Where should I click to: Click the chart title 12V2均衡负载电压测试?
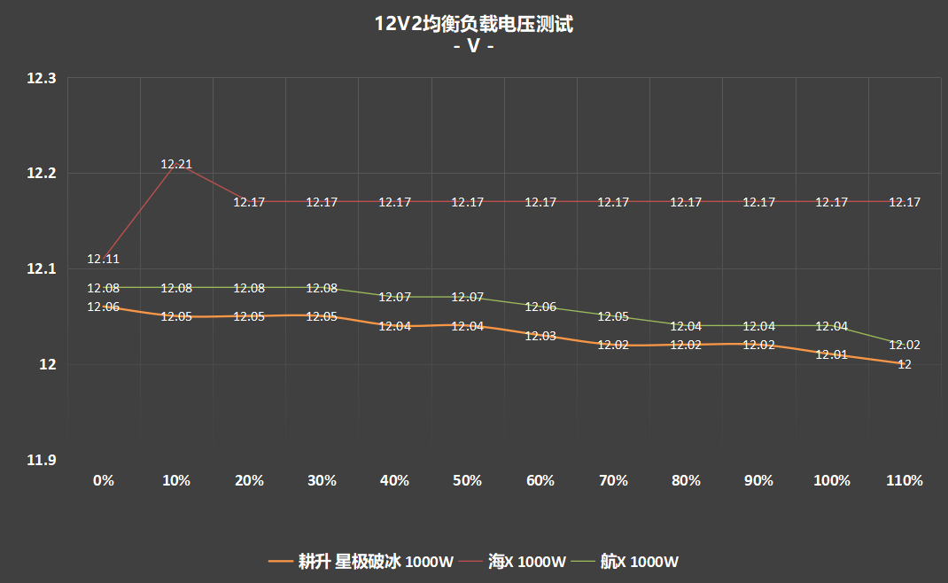474,25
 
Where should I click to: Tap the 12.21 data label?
176,164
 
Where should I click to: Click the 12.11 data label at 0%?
104,259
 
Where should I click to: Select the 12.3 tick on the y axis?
41,78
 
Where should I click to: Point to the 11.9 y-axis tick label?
41,460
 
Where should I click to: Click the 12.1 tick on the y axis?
41,268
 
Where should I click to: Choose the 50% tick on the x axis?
467,480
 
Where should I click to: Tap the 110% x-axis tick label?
905,480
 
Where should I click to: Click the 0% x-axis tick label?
104,480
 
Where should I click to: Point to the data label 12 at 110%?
905,364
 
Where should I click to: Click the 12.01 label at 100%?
832,354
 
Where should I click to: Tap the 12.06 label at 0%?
104,307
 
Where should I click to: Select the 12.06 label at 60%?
540,307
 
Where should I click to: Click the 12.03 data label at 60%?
540,336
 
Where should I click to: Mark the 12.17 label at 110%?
905,202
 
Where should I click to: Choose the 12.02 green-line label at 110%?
905,345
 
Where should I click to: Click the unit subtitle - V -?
474,46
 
